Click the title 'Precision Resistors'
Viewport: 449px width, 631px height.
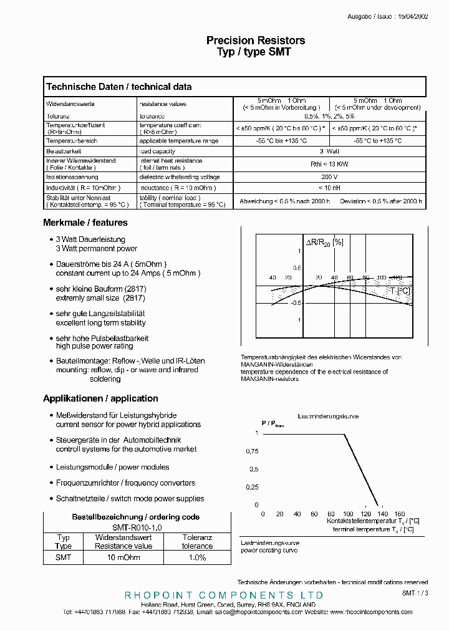point(256,41)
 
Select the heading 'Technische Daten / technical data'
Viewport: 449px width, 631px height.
point(118,87)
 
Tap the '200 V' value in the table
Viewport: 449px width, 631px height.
point(329,177)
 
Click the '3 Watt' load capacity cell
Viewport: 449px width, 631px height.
point(329,151)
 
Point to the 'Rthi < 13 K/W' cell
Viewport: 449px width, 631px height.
point(329,164)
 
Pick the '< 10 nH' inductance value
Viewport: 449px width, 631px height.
point(329,188)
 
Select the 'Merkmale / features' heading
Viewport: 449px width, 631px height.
point(85,223)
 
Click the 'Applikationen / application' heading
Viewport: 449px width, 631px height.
point(100,398)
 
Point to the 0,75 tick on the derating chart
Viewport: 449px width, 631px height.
point(251,451)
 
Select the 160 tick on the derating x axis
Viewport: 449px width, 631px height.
point(400,514)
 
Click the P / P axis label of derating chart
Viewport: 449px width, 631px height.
point(272,423)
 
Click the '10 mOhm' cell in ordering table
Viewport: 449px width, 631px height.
point(123,557)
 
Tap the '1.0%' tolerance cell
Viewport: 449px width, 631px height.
point(197,557)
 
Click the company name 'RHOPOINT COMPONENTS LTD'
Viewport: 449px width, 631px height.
point(224,595)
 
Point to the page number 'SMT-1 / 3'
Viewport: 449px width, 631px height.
point(415,593)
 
